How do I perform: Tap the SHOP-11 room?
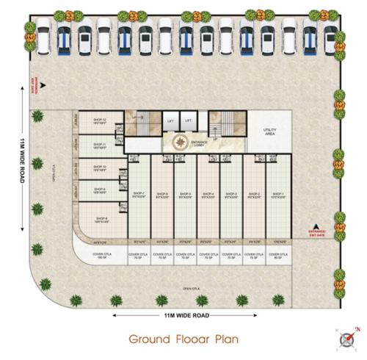pos(100,145)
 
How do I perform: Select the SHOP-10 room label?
pos(100,168)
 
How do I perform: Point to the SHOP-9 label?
pos(100,191)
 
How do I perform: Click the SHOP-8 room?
pos(101,219)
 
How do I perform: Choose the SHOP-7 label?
pos(139,195)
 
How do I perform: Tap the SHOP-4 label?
pos(208,195)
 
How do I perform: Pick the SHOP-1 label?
pos(277,195)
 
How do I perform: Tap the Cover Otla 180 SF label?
pos(101,256)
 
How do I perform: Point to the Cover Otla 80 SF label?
pos(277,256)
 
